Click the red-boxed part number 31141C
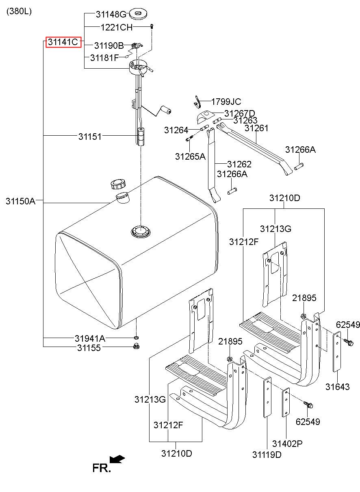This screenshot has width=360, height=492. click(63, 42)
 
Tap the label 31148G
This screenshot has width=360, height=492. click(111, 14)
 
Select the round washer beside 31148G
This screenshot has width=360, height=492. click(138, 14)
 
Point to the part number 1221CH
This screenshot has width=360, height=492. click(117, 28)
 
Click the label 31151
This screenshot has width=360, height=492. click(90, 137)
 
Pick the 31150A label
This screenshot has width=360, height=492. click(20, 201)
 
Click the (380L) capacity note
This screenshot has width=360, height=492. click(19, 11)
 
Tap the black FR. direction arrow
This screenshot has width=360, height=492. click(117, 459)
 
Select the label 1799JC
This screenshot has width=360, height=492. click(226, 102)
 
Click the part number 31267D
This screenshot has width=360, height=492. click(240, 113)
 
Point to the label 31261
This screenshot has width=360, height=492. click(256, 128)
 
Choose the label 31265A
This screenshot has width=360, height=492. click(190, 156)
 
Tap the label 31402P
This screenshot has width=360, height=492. click(287, 444)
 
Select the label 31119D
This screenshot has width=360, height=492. click(267, 455)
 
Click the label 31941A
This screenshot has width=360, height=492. click(90, 338)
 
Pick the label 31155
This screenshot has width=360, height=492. click(89, 348)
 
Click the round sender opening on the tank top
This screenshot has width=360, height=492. click(141, 231)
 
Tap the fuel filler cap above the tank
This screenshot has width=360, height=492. click(118, 184)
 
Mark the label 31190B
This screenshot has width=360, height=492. click(109, 46)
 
